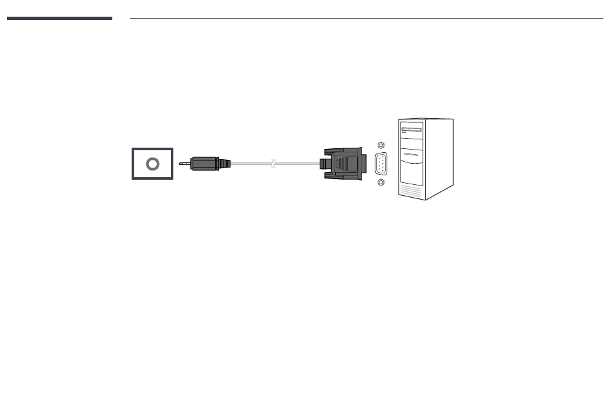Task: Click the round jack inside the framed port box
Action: click(152, 164)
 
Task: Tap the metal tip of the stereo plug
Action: click(184, 164)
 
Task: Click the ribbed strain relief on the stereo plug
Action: click(223, 164)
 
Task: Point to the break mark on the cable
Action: click(274, 164)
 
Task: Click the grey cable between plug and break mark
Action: click(250, 164)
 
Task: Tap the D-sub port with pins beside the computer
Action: click(381, 164)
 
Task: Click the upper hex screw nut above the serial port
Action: click(381, 145)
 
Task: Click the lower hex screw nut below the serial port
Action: click(381, 183)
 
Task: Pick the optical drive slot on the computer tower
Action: click(412, 130)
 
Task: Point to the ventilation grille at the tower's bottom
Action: click(411, 191)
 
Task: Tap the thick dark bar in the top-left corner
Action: click(59, 18)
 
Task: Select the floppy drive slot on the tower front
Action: click(412, 155)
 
